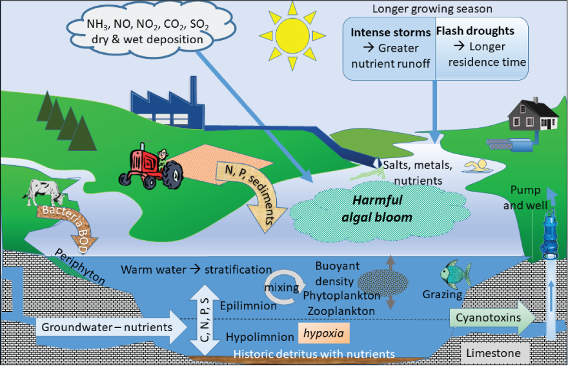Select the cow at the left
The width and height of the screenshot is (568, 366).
point(43,192)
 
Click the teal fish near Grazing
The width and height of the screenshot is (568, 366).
point(455,275)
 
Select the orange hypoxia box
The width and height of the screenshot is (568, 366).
point(324,334)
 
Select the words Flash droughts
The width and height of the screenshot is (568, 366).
point(475,31)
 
